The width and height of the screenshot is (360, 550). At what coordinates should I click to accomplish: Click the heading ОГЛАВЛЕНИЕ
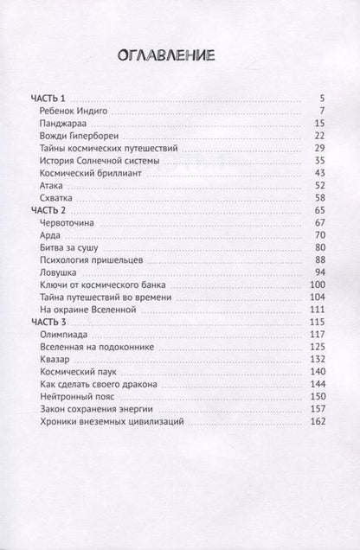click(179, 57)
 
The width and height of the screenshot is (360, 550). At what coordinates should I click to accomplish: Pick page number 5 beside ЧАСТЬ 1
click(320, 99)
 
